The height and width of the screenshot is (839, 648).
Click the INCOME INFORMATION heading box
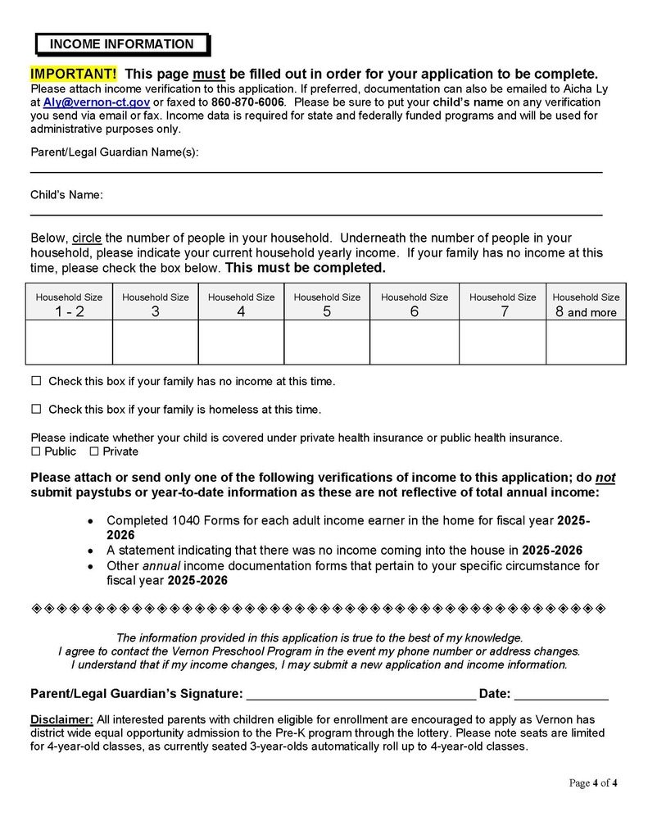(x=122, y=44)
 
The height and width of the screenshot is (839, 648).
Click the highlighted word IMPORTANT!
(x=74, y=74)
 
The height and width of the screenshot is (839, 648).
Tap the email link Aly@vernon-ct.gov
(x=96, y=102)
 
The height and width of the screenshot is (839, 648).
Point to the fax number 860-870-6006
(x=247, y=102)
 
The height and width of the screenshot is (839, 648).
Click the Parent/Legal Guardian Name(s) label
(x=114, y=152)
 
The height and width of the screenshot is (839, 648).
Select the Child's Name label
(x=66, y=195)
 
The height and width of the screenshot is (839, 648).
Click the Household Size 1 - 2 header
(x=69, y=304)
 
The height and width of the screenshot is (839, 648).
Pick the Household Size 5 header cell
(x=327, y=304)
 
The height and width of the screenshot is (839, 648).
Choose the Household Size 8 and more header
(x=586, y=304)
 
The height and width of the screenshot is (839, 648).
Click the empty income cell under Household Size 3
(x=155, y=342)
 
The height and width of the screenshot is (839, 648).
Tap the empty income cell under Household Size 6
(x=415, y=342)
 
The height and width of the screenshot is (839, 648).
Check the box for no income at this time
(x=36, y=381)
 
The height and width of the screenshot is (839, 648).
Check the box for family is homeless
(x=36, y=409)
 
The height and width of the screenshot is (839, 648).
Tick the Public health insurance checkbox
(x=35, y=451)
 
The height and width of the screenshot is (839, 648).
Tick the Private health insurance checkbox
(x=93, y=451)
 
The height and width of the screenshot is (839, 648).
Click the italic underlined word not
(x=605, y=478)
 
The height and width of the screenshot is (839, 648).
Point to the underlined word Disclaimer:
(x=61, y=720)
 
